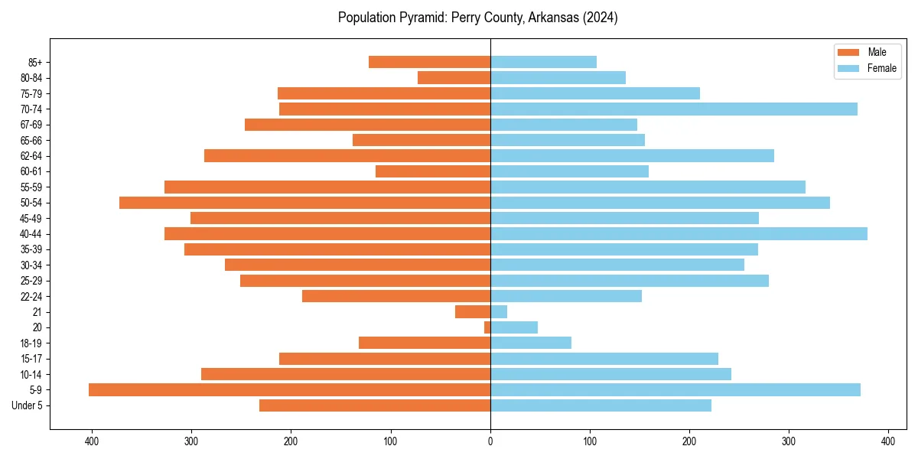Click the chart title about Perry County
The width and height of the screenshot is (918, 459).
pyautogui.click(x=477, y=18)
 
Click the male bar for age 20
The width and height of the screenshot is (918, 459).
pyautogui.click(x=487, y=327)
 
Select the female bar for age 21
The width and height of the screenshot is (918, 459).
pyautogui.click(x=499, y=312)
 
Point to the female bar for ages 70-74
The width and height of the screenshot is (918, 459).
pyautogui.click(x=673, y=109)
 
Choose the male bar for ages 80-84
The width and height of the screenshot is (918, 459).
pyautogui.click(x=454, y=78)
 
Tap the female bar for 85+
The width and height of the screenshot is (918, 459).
pyautogui.click(x=543, y=62)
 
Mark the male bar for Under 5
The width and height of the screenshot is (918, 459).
pyautogui.click(x=375, y=405)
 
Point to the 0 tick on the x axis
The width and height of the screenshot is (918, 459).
pyautogui.click(x=490, y=441)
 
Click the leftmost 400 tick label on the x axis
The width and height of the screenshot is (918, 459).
pyautogui.click(x=92, y=441)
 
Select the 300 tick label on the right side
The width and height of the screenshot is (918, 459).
pyautogui.click(x=789, y=441)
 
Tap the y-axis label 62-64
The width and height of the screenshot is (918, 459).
pyautogui.click(x=31, y=156)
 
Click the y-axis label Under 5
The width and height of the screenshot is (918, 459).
pyautogui.click(x=28, y=405)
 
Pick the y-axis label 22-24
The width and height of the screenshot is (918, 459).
pyautogui.click(x=31, y=297)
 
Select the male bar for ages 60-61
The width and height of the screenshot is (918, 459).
pyautogui.click(x=433, y=171)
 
